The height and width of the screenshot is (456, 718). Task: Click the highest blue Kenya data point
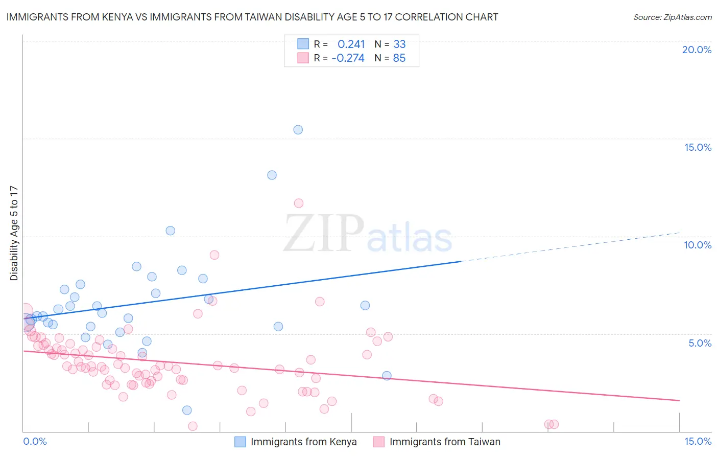(298, 130)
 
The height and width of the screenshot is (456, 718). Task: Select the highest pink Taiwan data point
(299, 203)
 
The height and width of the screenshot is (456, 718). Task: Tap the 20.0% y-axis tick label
(697, 50)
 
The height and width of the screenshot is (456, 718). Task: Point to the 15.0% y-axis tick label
(698, 147)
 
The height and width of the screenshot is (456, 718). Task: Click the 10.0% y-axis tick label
(698, 245)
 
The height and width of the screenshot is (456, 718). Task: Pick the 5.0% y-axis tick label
(700, 343)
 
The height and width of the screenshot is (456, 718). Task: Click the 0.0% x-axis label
(35, 441)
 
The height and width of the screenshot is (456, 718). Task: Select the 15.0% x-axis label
(698, 441)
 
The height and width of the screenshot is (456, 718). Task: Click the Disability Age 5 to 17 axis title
(14, 233)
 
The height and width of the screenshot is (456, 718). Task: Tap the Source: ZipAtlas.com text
(672, 17)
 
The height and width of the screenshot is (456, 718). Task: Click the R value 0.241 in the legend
(351, 44)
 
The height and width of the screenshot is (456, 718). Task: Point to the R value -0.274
(348, 58)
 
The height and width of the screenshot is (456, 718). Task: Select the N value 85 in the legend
(399, 58)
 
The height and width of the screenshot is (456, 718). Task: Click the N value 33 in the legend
(399, 44)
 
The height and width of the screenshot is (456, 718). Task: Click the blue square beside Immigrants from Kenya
(240, 442)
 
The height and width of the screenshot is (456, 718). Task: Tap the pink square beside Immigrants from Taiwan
(378, 442)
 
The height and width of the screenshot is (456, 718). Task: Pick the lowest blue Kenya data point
(187, 410)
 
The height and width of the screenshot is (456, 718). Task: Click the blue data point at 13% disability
(272, 175)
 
